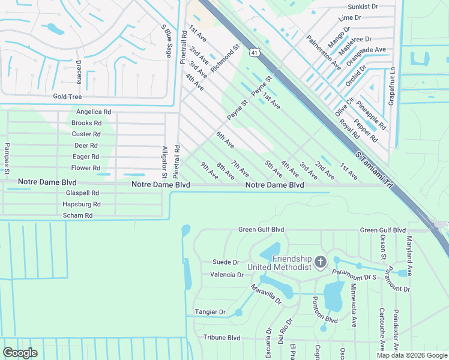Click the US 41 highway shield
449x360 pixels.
tap(255, 53)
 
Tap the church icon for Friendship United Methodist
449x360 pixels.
tap(321, 262)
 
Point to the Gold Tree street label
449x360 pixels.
tap(67, 97)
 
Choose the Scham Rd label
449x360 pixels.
tap(78, 215)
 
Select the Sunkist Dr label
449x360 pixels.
tap(363, 7)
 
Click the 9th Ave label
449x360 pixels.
tap(209, 171)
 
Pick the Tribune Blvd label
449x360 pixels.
tap(221, 338)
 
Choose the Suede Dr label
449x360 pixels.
tap(226, 262)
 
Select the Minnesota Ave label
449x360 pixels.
tap(354, 308)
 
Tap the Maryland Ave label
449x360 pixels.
tap(409, 256)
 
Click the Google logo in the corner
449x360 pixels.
tap(20, 353)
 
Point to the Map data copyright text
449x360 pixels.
tap(411, 355)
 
